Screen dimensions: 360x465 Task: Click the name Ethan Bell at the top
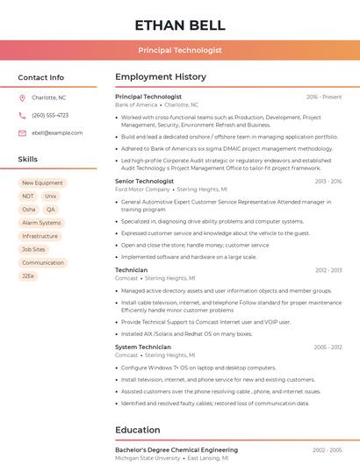click(180, 25)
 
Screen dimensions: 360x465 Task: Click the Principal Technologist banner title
click(180, 50)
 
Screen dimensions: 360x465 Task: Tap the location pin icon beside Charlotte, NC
click(22, 97)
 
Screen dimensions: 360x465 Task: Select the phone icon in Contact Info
click(22, 115)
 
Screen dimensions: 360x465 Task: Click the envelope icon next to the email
click(22, 132)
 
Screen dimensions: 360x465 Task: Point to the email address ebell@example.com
click(57, 132)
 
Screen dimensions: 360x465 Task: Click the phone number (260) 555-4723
click(50, 115)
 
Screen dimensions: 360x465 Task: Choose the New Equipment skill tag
click(42, 183)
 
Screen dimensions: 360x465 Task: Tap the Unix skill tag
click(51, 197)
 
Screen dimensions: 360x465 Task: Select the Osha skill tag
click(29, 210)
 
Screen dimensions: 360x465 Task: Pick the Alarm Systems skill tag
click(41, 223)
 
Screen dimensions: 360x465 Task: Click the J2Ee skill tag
click(29, 275)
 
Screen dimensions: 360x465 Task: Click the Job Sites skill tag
click(33, 249)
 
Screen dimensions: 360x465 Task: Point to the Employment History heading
click(161, 77)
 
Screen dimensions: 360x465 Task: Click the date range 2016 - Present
click(324, 97)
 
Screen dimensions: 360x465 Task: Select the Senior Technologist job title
click(144, 181)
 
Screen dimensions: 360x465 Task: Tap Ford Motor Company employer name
click(143, 189)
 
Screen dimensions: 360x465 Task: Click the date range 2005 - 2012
click(328, 347)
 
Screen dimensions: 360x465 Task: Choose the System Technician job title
click(143, 347)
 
